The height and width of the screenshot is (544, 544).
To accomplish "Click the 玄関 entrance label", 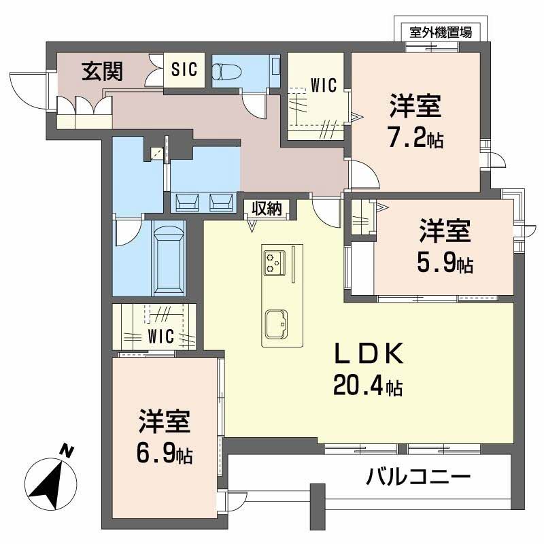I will pos(97,71).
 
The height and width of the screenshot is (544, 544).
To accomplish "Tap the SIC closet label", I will pos(184,69).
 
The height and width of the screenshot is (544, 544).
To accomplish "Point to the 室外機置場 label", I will pos(441,31).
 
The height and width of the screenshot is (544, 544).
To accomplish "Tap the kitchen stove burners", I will pos(274,262).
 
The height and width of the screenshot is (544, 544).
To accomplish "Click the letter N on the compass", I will pos(66,450).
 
